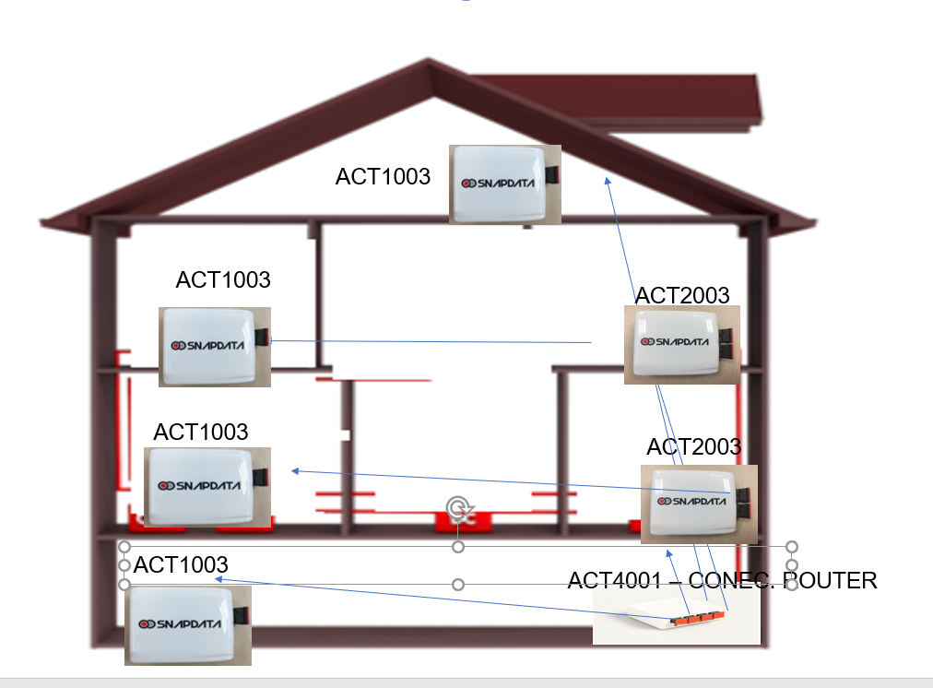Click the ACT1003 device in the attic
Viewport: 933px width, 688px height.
[x=505, y=184]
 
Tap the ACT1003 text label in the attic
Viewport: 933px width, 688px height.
[x=383, y=176]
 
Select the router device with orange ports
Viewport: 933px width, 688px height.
[x=676, y=616]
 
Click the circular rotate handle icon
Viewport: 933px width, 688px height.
[x=458, y=507]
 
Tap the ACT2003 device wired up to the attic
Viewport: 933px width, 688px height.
[x=681, y=344]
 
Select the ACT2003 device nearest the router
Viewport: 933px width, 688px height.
[x=698, y=504]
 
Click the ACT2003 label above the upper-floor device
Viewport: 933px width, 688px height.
[x=682, y=295]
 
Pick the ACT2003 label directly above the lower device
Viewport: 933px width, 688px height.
[x=693, y=446]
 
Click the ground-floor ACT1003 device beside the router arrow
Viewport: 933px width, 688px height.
[x=188, y=625]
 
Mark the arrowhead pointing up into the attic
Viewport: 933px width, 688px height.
[x=607, y=180]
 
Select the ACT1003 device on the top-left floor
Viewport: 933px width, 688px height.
[x=215, y=346]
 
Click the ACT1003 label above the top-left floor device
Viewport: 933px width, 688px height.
[x=222, y=279]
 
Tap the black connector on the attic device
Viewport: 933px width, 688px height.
[x=551, y=174]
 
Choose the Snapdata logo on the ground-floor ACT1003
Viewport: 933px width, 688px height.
[x=181, y=624]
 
